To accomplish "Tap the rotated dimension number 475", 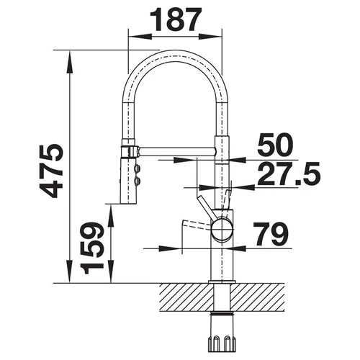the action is [x=52, y=171].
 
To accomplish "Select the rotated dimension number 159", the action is [x=92, y=248].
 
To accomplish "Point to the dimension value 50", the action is [x=275, y=145].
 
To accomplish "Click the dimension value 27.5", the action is [x=289, y=174].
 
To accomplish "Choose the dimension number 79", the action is [x=271, y=234].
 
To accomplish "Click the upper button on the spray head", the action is [x=138, y=168].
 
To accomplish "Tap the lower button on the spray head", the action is [x=138, y=181].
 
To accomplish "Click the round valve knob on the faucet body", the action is [x=222, y=228].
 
